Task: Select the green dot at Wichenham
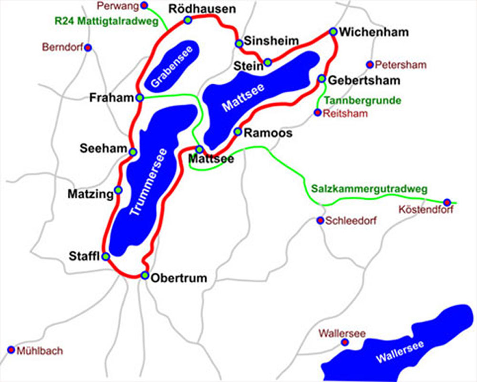pos(333,31)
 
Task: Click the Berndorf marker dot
pos(88,47)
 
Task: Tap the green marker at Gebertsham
pos(322,79)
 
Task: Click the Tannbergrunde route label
pos(363,101)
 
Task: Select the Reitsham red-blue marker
pos(318,113)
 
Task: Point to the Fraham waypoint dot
pos(140,98)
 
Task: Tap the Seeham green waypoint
pos(133,152)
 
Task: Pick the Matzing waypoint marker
pos(118,190)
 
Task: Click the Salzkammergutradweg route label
pos(369,188)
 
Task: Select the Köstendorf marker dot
pos(447,202)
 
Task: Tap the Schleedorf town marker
pos(321,220)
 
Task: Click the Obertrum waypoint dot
pos(145,275)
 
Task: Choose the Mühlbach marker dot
pos(11,350)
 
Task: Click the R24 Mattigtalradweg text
pos(106,21)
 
